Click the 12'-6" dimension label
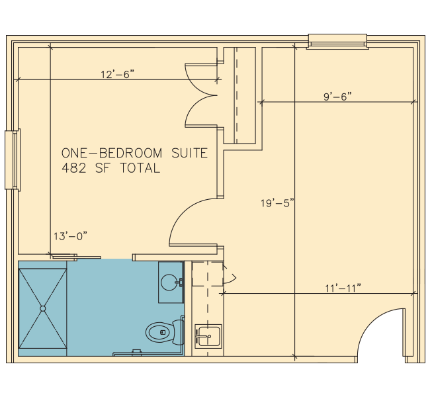(118, 74)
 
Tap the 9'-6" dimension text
(337, 97)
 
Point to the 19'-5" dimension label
(277, 203)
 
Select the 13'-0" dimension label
(70, 236)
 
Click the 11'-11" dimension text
(343, 288)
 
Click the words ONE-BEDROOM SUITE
(135, 153)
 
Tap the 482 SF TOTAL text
(110, 168)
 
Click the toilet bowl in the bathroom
(161, 333)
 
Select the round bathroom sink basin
(169, 282)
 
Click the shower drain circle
(43, 308)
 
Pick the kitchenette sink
(208, 336)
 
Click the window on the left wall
(13, 160)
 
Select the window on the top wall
(337, 42)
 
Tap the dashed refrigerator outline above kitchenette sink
(208, 274)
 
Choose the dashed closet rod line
(237, 95)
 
